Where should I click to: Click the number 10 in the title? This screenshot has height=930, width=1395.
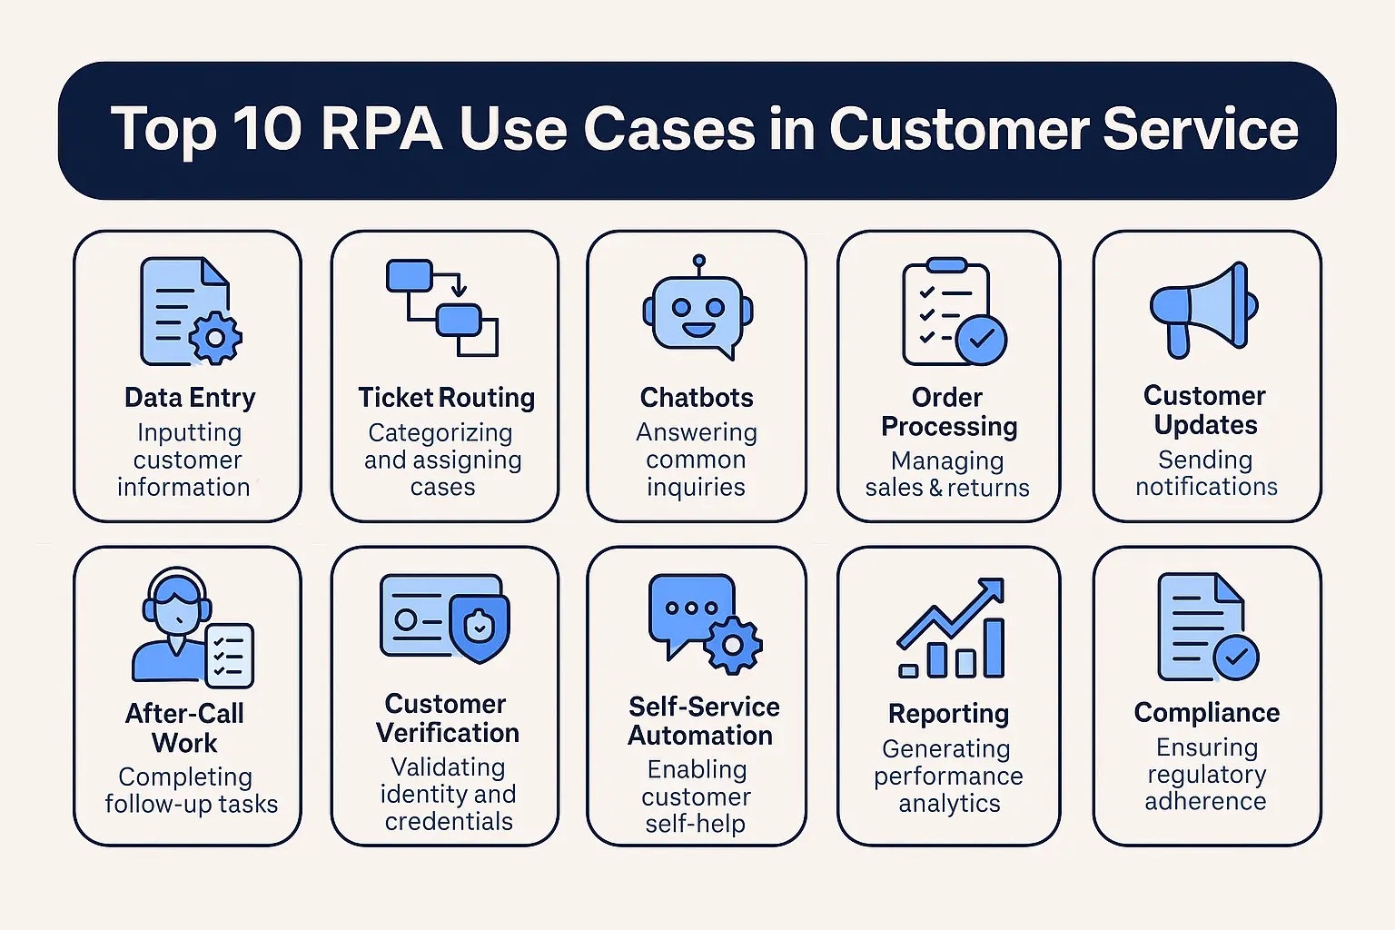(x=267, y=128)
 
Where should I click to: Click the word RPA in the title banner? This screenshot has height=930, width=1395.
(x=381, y=128)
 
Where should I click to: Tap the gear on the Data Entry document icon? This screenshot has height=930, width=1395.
(x=216, y=338)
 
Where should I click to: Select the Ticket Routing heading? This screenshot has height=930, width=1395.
(x=446, y=398)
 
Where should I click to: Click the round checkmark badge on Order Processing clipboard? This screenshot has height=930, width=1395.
(x=981, y=341)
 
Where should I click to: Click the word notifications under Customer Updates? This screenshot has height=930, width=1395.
(x=1206, y=487)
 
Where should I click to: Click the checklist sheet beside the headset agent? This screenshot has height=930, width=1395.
(x=229, y=655)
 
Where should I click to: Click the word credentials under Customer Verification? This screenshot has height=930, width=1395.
(x=449, y=822)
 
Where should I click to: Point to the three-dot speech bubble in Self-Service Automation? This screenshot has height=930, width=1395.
(x=690, y=609)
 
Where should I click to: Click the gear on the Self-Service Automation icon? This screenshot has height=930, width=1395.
(x=732, y=645)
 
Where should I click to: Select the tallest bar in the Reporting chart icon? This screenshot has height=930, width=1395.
(x=994, y=648)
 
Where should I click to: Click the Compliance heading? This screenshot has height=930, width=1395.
(x=1206, y=713)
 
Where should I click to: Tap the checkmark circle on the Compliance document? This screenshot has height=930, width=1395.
(x=1236, y=658)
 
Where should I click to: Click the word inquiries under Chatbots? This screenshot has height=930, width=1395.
(x=696, y=488)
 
